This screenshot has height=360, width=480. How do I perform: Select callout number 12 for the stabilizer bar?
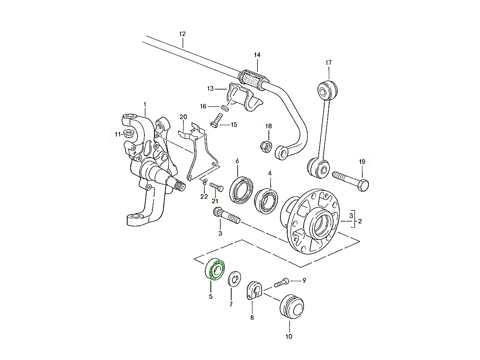(x=182, y=34)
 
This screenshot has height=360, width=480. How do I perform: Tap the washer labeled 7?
(x=234, y=278)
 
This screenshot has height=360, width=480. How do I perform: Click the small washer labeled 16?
(x=225, y=108)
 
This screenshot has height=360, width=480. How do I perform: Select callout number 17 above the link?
(x=328, y=63)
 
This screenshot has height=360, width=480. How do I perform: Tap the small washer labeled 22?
(x=204, y=183)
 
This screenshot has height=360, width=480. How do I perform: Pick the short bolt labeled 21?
(x=216, y=187)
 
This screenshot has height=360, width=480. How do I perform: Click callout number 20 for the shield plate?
(x=183, y=117)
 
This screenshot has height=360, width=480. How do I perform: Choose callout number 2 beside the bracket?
(x=360, y=221)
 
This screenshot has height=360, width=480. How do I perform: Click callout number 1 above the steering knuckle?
(x=145, y=105)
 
